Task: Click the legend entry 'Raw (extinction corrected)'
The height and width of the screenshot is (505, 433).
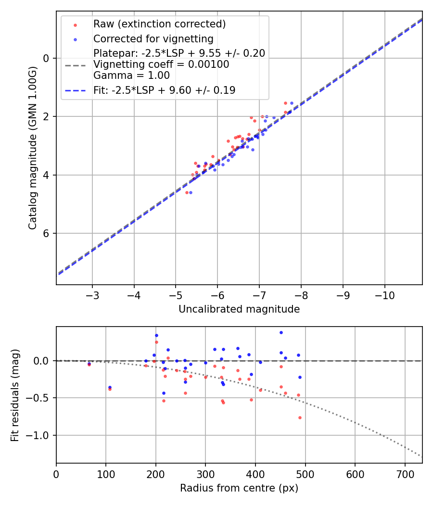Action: pos(159,24)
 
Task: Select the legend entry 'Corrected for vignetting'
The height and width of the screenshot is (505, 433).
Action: pos(153,38)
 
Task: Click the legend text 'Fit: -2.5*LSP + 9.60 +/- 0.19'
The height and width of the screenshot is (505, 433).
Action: pos(164,90)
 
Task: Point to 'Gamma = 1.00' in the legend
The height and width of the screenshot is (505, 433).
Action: pos(131,76)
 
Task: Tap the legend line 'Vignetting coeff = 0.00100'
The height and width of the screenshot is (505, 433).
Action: pos(161,64)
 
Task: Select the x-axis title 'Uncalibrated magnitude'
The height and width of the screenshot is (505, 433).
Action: pos(239,309)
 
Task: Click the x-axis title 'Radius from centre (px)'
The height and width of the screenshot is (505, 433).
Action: pos(239,488)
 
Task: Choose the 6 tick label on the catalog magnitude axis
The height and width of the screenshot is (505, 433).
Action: pos(47,234)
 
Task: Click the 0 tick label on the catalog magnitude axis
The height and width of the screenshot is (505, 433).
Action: pos(47,58)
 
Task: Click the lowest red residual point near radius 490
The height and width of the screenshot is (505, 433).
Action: pos(300,417)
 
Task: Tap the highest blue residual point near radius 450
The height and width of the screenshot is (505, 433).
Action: pos(281,332)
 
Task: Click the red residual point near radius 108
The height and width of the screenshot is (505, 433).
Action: pos(110,389)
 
